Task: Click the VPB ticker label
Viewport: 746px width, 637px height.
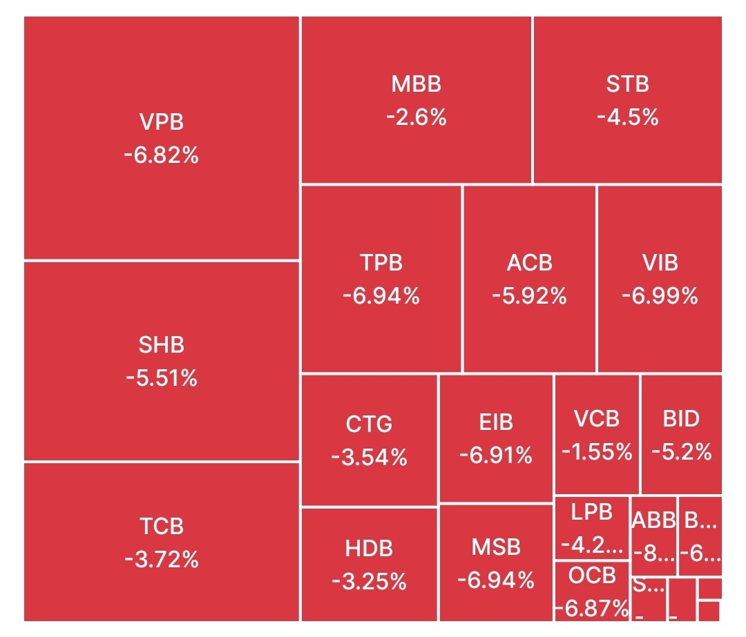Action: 162,122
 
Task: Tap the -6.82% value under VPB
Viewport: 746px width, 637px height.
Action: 162,155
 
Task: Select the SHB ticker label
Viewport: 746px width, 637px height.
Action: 162,345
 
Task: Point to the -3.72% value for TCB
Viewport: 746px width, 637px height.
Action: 162,558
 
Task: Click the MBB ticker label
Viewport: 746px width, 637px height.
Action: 416,84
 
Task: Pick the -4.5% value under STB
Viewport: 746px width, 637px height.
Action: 627,117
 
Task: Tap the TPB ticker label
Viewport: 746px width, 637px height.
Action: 381,263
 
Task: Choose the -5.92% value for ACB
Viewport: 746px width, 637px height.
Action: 529,296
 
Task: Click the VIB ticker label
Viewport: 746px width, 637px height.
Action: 660,263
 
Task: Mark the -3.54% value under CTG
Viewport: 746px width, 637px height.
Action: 369,457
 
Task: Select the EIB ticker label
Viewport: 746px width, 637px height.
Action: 496,422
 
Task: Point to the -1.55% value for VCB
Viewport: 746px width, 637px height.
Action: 597,452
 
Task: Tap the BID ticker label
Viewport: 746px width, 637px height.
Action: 681,419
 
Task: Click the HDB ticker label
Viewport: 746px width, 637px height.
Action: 369,549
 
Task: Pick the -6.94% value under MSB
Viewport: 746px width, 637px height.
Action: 496,580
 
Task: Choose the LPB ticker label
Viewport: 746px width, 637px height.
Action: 592,512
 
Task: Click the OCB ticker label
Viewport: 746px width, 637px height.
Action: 592,576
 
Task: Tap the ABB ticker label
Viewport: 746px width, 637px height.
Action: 653,520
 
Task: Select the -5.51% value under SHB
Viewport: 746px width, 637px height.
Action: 162,378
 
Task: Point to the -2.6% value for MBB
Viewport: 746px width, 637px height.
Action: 416,117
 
